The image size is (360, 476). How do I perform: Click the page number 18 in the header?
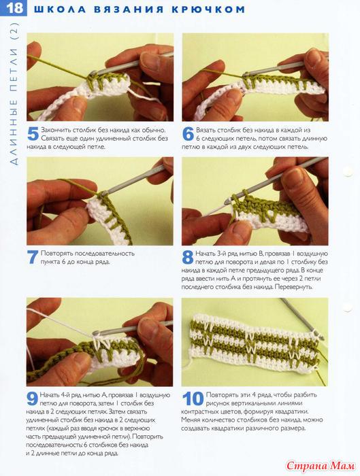(14, 8)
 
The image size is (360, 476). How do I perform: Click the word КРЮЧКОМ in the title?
(208, 10)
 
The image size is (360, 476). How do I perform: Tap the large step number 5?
(33, 134)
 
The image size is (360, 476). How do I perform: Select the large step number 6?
(188, 134)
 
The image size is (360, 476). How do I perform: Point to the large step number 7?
(33, 257)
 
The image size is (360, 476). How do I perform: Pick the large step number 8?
(188, 257)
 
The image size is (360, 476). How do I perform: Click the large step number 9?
(33, 398)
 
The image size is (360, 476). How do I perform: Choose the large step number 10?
(193, 398)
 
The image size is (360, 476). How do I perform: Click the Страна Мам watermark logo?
(321, 465)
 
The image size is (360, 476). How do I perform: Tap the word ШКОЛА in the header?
(60, 10)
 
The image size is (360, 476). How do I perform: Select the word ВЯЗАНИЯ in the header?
(129, 10)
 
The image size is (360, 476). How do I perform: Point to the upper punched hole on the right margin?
(348, 172)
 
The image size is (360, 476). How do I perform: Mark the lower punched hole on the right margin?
(348, 307)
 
